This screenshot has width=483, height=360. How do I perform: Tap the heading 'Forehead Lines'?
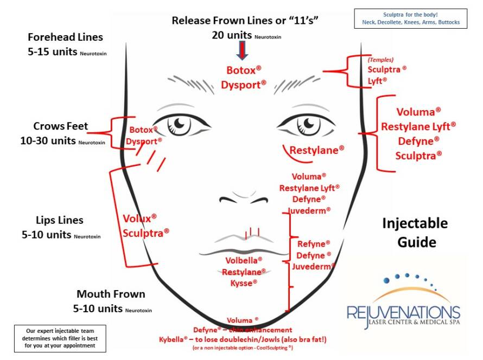pos(65,37)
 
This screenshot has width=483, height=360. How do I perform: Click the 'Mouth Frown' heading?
pos(111,294)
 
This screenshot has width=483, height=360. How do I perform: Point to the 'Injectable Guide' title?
pos(415,232)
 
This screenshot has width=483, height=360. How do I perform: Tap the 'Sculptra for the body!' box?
pos(410,18)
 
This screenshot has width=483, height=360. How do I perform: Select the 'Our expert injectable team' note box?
pos(60,338)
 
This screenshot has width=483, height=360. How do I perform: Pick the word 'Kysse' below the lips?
pos(244,282)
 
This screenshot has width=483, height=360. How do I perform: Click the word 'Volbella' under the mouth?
pos(244,260)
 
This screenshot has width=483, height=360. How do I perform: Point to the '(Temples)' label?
pos(380,60)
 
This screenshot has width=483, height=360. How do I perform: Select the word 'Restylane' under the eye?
pos(317,150)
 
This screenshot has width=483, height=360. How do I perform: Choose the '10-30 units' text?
pos(48,140)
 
